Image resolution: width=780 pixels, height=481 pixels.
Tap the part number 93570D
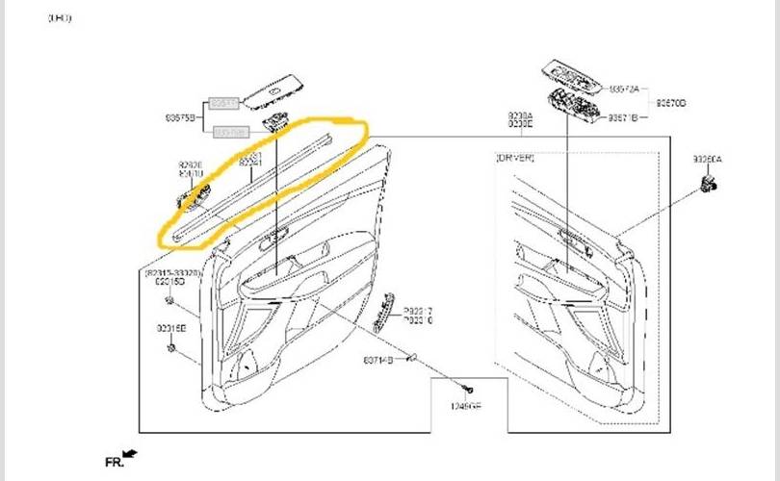coord(671,101)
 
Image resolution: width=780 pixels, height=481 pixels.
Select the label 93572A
coord(624,88)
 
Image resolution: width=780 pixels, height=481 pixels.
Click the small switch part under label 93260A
coord(711,184)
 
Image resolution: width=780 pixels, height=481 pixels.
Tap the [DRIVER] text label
coord(515,156)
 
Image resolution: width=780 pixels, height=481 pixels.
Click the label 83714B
coord(377,361)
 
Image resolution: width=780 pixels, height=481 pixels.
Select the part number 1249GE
coord(465,407)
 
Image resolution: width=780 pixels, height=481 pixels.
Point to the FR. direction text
coord(114,463)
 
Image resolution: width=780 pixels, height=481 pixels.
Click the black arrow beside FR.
coord(131,453)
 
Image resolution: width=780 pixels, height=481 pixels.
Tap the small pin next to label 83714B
coord(410,358)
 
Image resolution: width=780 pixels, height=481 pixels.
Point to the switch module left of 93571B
coord(572,107)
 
